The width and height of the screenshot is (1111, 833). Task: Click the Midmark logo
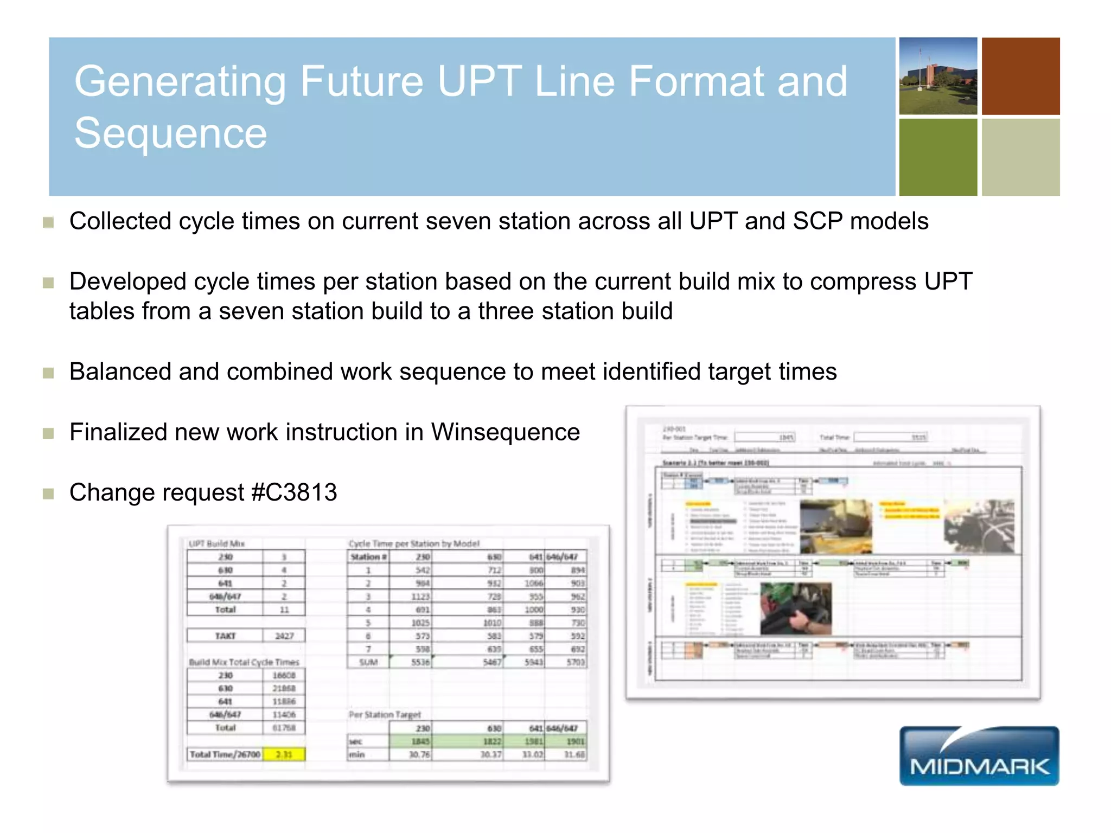(979, 756)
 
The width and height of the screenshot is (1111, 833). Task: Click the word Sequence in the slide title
(170, 133)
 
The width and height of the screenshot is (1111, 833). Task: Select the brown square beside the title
(1020, 76)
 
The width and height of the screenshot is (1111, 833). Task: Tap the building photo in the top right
(938, 76)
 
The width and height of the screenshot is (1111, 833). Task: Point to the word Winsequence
(505, 432)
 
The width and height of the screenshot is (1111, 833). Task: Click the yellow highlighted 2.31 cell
(284, 754)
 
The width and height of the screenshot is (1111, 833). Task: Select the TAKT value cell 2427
(284, 636)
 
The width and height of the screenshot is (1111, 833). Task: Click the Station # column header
(368, 557)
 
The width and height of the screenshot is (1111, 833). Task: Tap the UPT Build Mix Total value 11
(284, 610)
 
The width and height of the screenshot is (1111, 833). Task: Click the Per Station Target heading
(384, 715)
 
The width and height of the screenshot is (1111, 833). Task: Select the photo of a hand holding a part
(795, 608)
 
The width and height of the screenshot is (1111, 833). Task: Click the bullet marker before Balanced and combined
(48, 373)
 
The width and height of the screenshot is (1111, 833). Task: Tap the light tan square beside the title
(1020, 157)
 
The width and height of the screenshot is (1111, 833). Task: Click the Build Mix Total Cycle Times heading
(244, 662)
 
